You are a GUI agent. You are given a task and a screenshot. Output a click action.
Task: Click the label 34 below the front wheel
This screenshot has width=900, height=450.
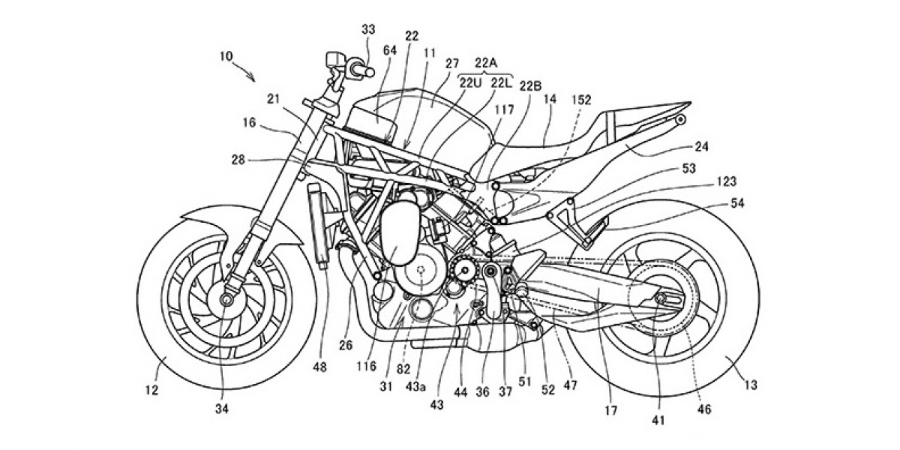click(222, 409)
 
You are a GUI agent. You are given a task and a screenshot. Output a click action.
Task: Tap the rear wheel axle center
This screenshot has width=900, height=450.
click(661, 300)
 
